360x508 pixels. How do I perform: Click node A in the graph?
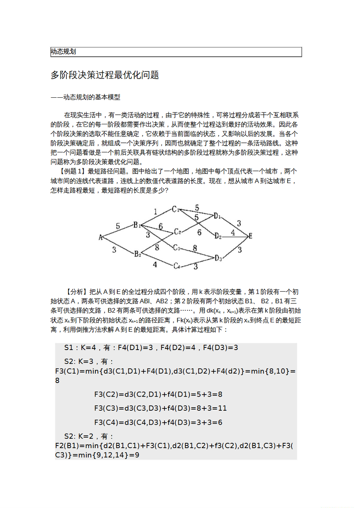tap(100, 238)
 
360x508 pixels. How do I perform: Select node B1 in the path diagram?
tap(137, 225)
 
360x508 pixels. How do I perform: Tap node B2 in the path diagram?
tap(137, 253)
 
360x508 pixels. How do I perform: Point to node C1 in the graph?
tap(175, 209)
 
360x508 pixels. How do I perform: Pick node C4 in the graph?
tap(177, 266)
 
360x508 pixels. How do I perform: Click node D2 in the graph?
tap(218, 236)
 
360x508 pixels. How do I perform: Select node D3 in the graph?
tap(218, 258)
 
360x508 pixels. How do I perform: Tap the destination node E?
tap(250, 236)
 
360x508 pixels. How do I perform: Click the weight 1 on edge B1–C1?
tap(155, 212)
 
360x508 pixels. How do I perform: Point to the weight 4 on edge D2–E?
tap(233, 232)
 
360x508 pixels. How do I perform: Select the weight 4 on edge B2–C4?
tap(155, 264)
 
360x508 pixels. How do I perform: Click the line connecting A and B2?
tap(117, 245)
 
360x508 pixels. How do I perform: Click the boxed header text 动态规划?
tap(63, 52)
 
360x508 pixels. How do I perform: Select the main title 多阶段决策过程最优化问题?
tap(105, 75)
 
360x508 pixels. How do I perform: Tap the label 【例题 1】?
tap(72, 171)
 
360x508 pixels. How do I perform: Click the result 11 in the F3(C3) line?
tap(222, 408)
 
